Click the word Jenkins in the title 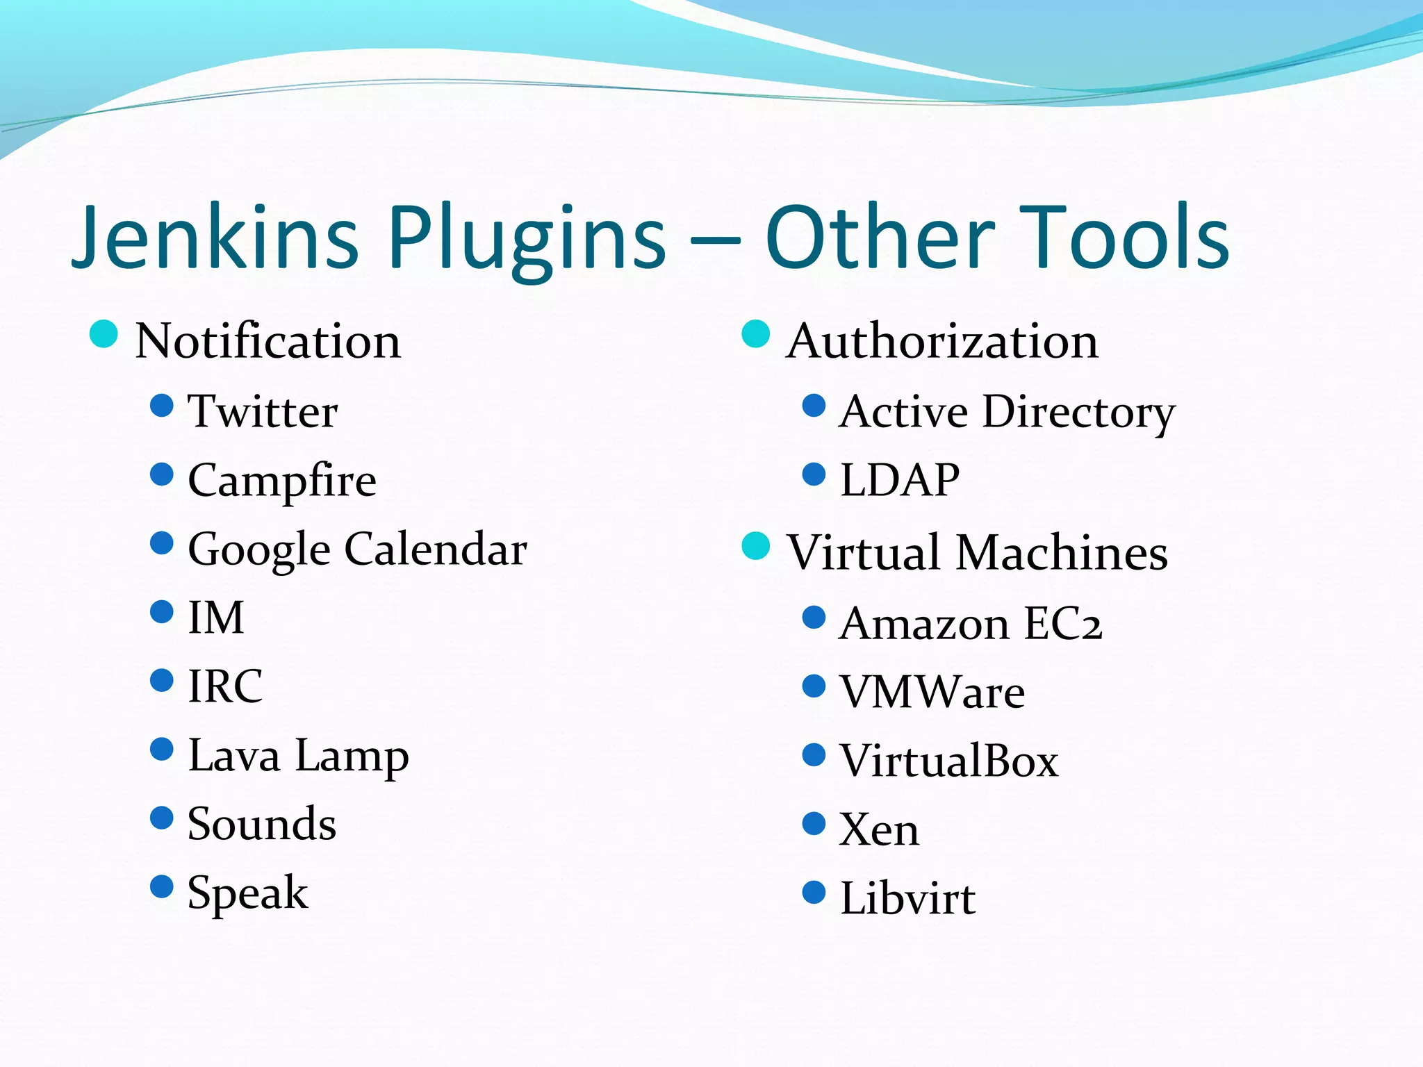tap(215, 238)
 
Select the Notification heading tap(268, 341)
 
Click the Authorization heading tap(942, 341)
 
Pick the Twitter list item tap(263, 411)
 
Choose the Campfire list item tap(282, 481)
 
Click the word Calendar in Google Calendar tap(436, 549)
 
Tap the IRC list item tap(225, 686)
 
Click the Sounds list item tap(262, 824)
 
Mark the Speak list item tap(247, 893)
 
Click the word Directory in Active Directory tap(1078, 412)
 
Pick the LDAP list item tap(900, 480)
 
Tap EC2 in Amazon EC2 tap(1062, 623)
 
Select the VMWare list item tap(932, 692)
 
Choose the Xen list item tap(879, 829)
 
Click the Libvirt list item tap(907, 898)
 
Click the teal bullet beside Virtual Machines tap(756, 545)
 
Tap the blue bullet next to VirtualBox tap(814, 754)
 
